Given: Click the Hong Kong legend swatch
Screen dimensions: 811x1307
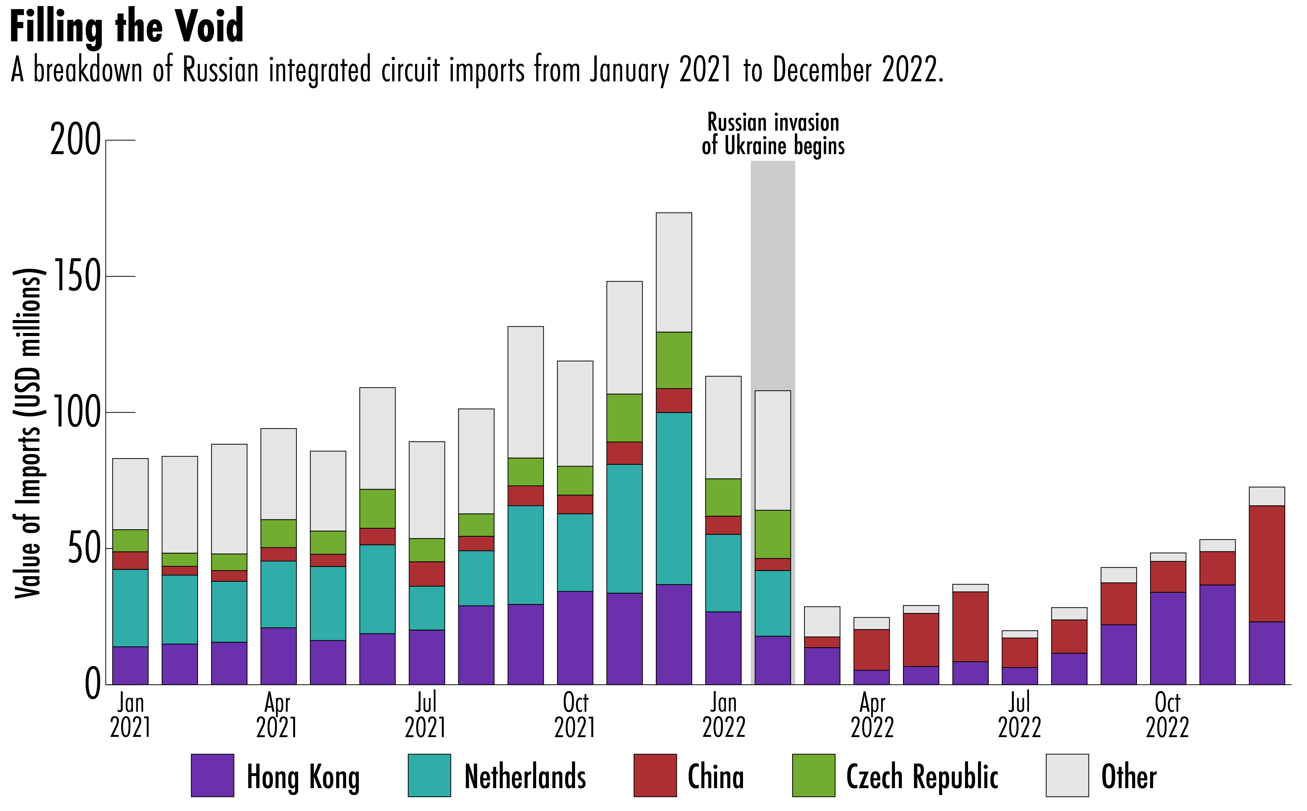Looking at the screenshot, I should pyautogui.click(x=212, y=776).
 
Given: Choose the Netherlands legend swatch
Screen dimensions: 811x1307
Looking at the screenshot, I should pyautogui.click(x=429, y=776).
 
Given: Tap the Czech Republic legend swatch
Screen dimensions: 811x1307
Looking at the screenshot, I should pyautogui.click(x=813, y=776).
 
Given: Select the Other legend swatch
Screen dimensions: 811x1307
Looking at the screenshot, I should pyautogui.click(x=1067, y=776).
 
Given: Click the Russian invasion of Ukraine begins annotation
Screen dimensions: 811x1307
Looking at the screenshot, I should pyautogui.click(x=773, y=134).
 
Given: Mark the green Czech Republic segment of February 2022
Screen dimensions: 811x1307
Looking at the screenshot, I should pyautogui.click(x=773, y=534).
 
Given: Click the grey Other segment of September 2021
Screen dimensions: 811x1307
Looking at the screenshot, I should pyautogui.click(x=526, y=392).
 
